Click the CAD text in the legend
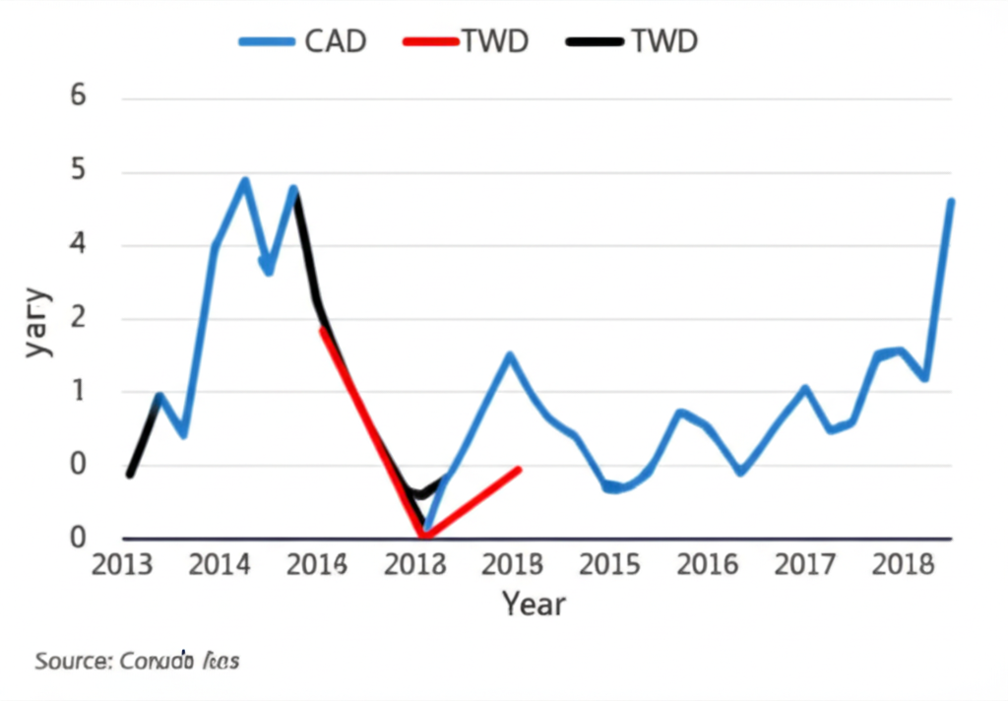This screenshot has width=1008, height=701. point(336,41)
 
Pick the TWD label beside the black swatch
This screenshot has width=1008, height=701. point(663,41)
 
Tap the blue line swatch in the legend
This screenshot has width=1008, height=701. point(267,41)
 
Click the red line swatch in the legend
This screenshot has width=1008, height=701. point(431,41)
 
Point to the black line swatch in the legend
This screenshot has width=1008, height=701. point(596,41)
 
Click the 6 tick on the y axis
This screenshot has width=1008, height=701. point(79,96)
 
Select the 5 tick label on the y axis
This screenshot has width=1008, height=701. point(79,171)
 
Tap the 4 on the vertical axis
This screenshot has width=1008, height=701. point(79,244)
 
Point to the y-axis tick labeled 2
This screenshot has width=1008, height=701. point(79,319)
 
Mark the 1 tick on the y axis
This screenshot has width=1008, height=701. point(79,392)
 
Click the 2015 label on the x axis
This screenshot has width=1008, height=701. point(611,565)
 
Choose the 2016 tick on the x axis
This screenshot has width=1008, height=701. point(708,565)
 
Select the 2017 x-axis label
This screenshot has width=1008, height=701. point(805,565)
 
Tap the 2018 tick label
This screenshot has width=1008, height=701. point(903,565)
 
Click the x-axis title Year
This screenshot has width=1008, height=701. point(534,603)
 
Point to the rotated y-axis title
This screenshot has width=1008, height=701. point(36,323)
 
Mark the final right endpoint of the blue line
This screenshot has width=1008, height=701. point(951,201)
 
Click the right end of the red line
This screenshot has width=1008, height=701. point(518,470)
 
